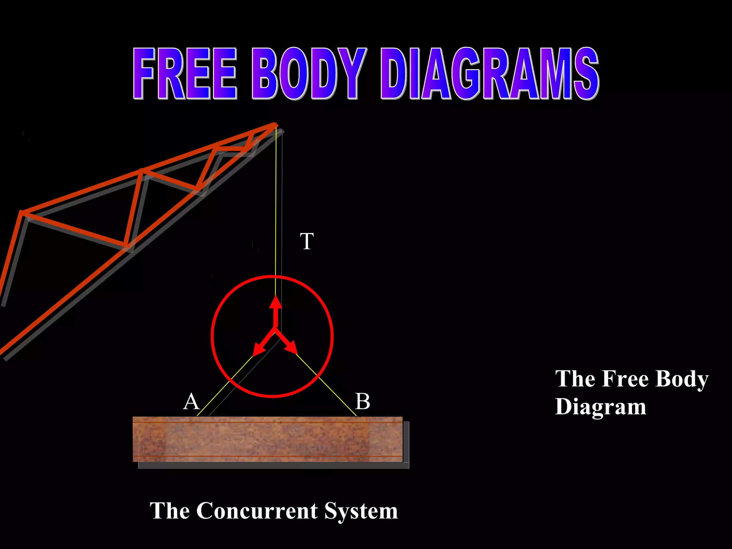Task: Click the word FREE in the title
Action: tap(185, 74)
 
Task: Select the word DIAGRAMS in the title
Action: tap(490, 74)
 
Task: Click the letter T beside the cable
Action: tap(307, 241)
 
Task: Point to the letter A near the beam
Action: tap(191, 401)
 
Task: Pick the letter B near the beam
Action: tap(362, 401)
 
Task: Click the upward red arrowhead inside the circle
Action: tap(276, 303)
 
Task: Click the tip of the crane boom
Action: tap(276, 124)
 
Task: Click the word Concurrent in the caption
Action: tap(257, 511)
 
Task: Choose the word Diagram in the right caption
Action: tap(600, 407)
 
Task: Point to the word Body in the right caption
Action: tap(682, 379)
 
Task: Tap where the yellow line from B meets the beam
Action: tap(356, 416)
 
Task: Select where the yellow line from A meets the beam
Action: tap(197, 416)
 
